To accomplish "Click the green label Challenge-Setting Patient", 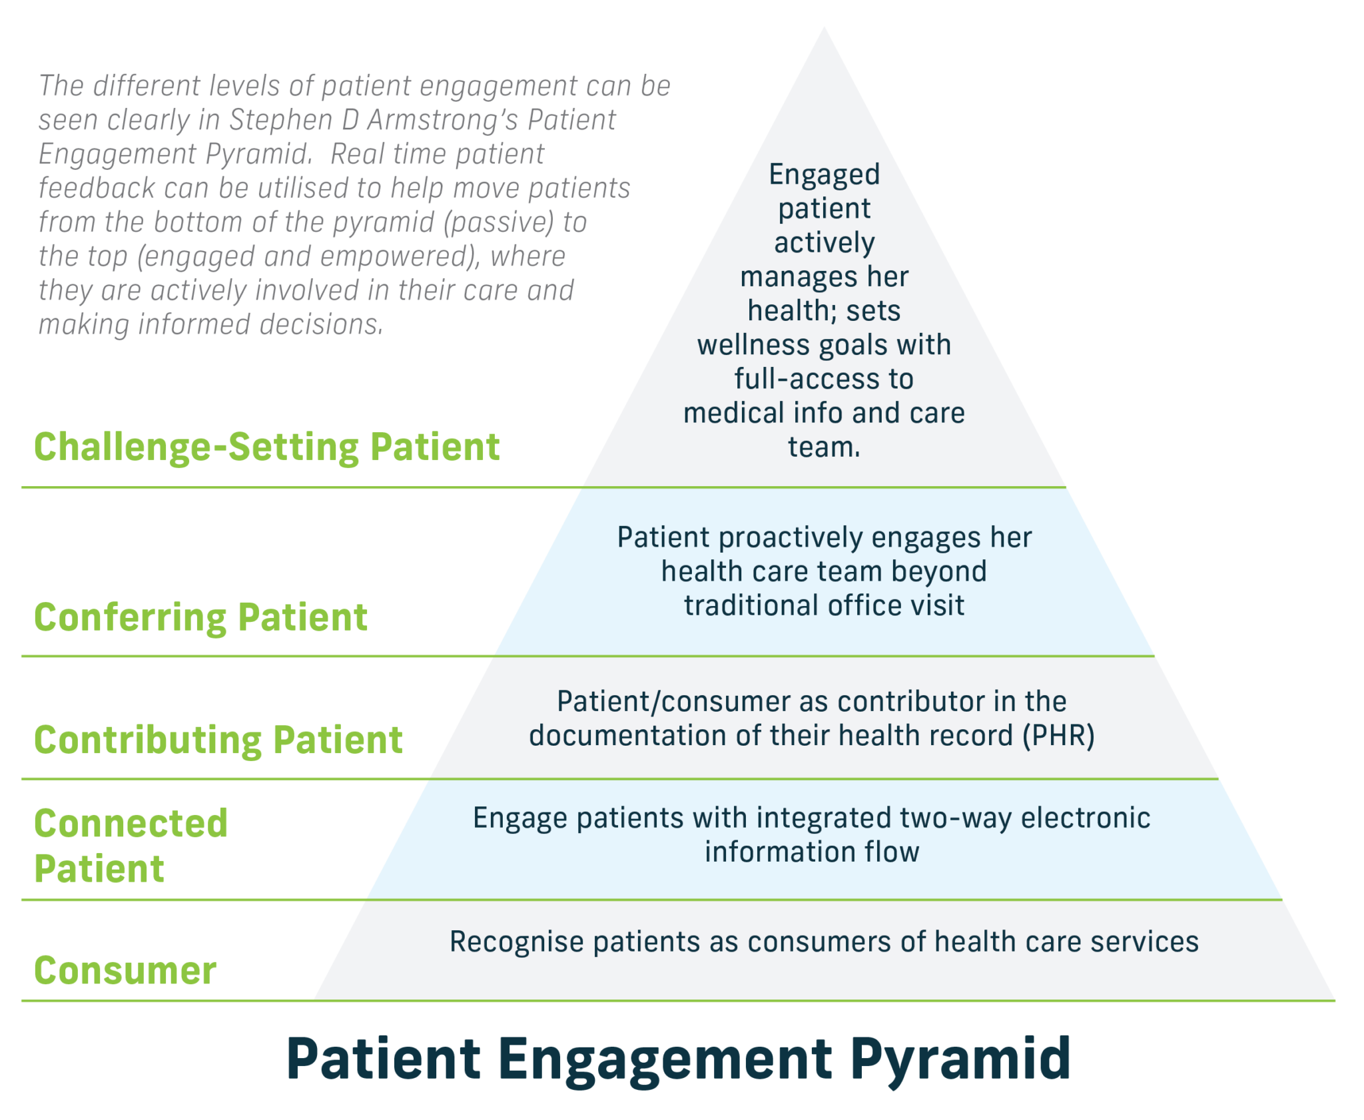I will tap(266, 447).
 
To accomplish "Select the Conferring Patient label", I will tap(200, 617).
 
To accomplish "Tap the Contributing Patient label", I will tap(218, 740).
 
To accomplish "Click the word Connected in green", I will tap(131, 824).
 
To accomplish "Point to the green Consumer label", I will tap(125, 971).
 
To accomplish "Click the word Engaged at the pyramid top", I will tap(824, 174).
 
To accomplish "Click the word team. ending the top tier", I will tap(824, 447).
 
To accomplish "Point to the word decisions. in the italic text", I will tap(322, 325).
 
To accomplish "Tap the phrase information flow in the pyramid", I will tap(812, 852).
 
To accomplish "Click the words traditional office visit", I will tap(824, 606).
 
